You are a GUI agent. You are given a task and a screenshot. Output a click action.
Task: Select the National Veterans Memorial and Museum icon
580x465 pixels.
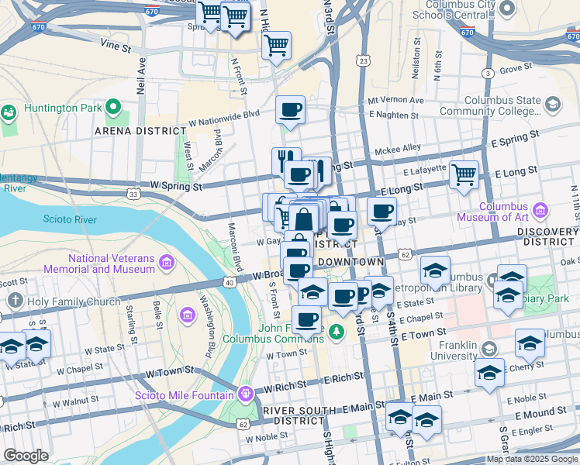[x=166, y=263]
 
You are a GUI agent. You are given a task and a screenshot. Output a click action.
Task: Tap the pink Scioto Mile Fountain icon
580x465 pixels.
[x=247, y=394]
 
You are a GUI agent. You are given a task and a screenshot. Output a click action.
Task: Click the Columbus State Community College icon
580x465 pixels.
[x=553, y=105]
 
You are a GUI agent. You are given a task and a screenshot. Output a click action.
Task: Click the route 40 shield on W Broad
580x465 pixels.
[x=229, y=283]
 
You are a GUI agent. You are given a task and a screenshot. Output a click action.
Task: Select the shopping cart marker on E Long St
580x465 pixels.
[x=464, y=175]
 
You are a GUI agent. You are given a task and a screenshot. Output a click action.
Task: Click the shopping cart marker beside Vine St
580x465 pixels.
[x=276, y=46]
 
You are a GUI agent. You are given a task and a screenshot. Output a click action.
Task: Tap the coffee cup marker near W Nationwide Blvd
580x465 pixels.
[x=290, y=111]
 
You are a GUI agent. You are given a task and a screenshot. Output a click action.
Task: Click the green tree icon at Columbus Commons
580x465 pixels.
[x=336, y=332]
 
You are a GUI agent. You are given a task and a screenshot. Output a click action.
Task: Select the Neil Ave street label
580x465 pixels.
[x=142, y=75]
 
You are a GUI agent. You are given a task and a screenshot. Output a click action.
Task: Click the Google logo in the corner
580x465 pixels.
[x=26, y=455]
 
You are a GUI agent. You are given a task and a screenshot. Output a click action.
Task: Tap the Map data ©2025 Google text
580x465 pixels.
[x=532, y=459]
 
